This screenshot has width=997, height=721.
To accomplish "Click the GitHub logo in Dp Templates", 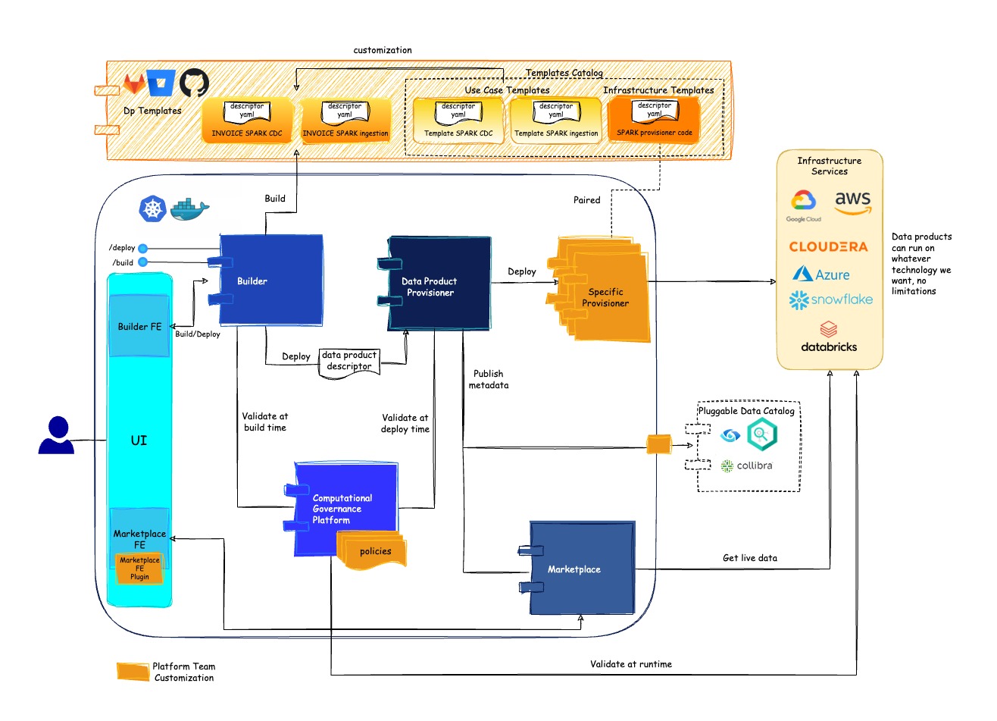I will (194, 83).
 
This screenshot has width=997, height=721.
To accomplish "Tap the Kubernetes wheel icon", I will (152, 208).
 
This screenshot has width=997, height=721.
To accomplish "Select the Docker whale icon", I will (189, 209).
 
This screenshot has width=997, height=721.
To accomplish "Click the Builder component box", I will (270, 281).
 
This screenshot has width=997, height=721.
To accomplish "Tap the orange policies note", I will (373, 551).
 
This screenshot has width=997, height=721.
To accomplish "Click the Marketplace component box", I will (581, 569).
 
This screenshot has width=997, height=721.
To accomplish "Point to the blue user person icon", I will (56, 436).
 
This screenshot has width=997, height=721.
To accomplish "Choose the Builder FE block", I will (139, 327).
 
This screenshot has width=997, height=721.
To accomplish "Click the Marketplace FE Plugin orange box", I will (139, 569).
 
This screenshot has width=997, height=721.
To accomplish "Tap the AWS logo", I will (852, 202).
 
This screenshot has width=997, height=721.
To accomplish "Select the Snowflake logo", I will (831, 300).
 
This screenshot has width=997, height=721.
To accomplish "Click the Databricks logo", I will (829, 337).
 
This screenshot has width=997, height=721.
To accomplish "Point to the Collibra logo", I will (747, 466).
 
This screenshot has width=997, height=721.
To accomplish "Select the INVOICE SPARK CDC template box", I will (247, 121).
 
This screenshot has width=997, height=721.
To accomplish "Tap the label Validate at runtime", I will (630, 664).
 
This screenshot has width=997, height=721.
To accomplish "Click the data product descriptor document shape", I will (349, 361).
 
